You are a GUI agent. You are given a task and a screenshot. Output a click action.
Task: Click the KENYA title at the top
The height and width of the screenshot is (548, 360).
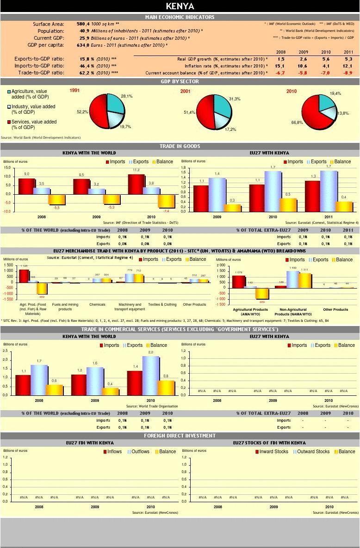point(180,6)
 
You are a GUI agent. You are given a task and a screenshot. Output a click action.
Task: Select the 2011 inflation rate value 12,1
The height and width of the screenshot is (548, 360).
point(348,66)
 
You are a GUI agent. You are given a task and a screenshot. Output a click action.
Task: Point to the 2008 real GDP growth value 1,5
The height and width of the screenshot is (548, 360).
point(281,59)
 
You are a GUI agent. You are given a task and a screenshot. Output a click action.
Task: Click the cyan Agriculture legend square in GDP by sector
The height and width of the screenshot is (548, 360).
point(9,92)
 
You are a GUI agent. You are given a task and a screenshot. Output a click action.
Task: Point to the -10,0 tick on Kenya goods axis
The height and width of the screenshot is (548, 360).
point(7,211)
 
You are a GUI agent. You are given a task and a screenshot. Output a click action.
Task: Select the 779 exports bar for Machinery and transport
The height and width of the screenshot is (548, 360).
point(130,278)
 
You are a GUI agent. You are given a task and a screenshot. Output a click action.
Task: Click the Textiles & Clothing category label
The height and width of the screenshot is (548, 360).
point(162,305)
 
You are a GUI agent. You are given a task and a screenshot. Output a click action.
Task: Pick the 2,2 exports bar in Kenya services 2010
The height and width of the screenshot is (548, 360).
point(150,375)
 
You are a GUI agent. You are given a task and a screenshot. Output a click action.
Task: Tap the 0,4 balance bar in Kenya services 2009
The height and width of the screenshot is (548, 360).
point(110,391)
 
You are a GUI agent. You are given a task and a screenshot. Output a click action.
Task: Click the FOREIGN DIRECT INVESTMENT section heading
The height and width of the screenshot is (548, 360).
point(180,436)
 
